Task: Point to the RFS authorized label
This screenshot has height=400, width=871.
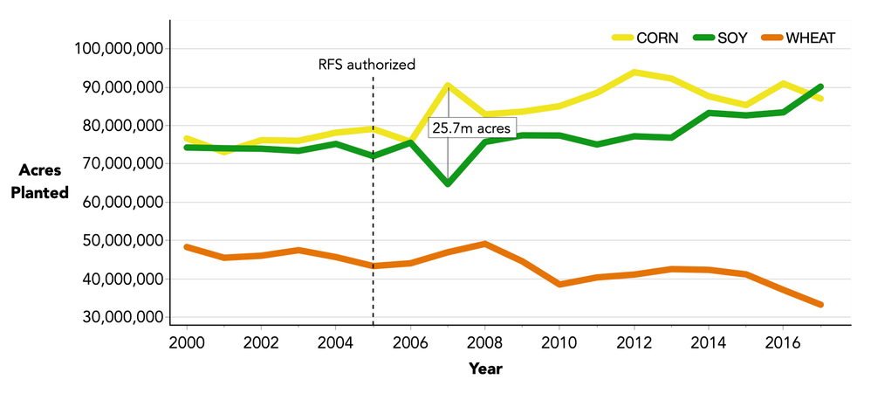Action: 366,64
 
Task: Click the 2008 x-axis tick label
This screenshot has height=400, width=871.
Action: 485,341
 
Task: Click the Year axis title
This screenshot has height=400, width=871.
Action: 485,369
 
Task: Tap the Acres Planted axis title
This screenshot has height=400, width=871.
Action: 39,182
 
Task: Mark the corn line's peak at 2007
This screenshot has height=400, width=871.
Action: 448,86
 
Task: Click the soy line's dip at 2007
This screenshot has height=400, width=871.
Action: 448,184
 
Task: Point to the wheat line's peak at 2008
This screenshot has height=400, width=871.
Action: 485,244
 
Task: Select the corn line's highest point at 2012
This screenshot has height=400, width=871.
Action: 634,72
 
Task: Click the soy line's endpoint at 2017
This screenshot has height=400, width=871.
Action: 821,86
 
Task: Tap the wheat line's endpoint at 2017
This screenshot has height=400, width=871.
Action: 821,305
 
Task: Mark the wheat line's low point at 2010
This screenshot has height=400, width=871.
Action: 559,285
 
